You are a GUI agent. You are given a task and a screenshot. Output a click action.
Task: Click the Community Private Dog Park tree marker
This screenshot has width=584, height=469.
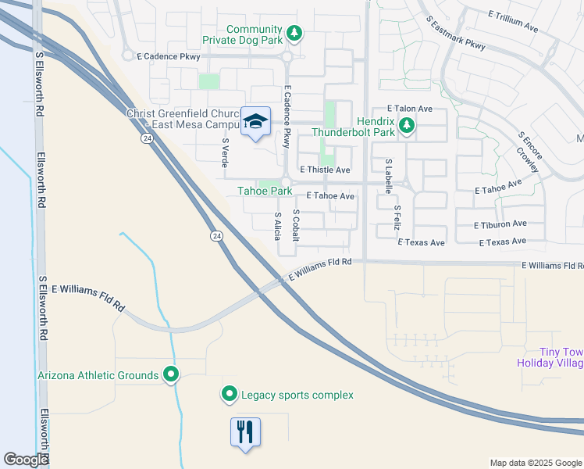pyautogui.click(x=294, y=33)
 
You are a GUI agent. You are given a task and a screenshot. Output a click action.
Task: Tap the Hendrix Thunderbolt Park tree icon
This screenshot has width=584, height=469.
pyautogui.click(x=406, y=125)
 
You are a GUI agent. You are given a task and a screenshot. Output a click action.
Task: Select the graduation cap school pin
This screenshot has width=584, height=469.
pyautogui.click(x=255, y=122)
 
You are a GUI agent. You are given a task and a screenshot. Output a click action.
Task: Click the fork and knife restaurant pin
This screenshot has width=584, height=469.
pyautogui.click(x=245, y=431)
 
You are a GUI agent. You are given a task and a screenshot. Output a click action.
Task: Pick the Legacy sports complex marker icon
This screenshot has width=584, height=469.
pyautogui.click(x=229, y=395)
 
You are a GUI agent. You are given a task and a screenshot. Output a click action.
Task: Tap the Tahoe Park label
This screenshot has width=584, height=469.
pyautogui.click(x=265, y=191)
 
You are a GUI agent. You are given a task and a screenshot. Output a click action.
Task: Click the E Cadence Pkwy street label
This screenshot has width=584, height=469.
pyautogui.click(x=168, y=56)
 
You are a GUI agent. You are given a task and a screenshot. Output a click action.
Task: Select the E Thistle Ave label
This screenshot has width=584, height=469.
pyautogui.click(x=325, y=170)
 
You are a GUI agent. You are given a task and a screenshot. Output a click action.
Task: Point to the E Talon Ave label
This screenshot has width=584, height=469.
pyautogui.click(x=410, y=109)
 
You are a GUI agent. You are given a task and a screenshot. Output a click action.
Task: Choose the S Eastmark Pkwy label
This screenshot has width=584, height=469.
pyautogui.click(x=456, y=33)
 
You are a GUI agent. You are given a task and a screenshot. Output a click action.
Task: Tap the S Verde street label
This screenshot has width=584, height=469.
pyautogui.click(x=225, y=153)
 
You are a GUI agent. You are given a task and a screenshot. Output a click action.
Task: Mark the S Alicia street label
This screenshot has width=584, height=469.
pyautogui.click(x=277, y=225)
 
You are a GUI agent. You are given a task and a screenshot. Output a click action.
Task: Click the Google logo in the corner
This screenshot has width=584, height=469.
pyautogui.click(x=26, y=460)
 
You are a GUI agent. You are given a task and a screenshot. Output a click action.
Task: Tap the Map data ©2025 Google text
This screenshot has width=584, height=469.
pyautogui.click(x=535, y=463)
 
